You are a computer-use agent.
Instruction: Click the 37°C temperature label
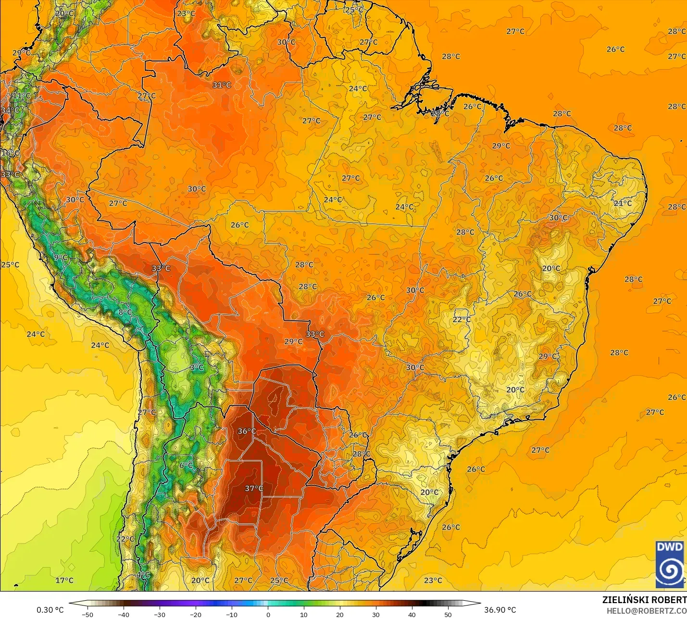(x=254, y=488)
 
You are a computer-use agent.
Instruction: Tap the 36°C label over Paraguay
(x=247, y=431)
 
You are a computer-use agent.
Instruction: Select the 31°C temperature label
(x=222, y=85)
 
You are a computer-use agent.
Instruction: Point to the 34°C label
(x=10, y=110)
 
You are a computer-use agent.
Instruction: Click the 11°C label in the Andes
(x=21, y=96)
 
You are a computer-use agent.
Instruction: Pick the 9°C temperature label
(x=61, y=257)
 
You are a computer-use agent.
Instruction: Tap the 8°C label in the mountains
(x=125, y=312)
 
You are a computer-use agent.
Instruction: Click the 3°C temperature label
(x=197, y=368)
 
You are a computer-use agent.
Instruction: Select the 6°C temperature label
(x=186, y=465)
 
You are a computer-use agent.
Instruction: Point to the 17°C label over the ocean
(x=64, y=580)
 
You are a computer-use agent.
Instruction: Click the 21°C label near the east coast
(x=623, y=203)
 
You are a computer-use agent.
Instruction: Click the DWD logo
(x=669, y=564)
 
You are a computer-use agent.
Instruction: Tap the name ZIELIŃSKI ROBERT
(x=644, y=600)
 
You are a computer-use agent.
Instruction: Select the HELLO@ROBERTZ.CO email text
(x=646, y=610)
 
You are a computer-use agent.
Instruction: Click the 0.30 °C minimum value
(x=50, y=610)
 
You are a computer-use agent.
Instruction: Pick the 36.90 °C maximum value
(x=500, y=610)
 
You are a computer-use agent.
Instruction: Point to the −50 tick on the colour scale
(x=87, y=614)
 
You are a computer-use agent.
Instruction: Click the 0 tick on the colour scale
(x=268, y=614)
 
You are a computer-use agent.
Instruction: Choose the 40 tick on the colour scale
(x=412, y=614)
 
